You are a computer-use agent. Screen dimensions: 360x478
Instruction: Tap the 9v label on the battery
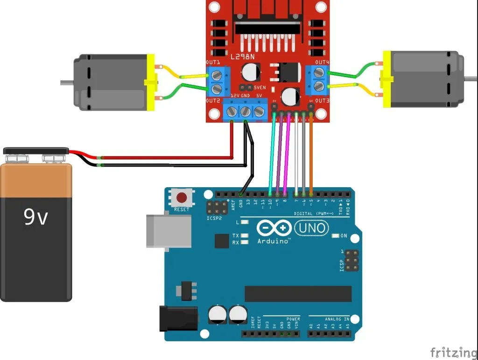(36, 217)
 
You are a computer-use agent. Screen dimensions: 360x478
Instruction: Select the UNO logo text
(311, 228)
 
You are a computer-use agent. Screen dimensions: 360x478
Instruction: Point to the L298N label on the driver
(243, 56)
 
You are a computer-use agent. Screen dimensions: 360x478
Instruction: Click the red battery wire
(163, 157)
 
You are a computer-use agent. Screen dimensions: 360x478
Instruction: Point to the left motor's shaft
(67, 83)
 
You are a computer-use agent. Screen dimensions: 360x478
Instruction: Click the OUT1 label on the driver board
(213, 63)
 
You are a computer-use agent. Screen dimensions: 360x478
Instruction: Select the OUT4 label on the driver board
(322, 62)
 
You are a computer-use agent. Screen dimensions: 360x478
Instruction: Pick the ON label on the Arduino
(344, 236)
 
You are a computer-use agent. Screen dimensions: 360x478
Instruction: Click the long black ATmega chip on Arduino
(298, 294)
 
